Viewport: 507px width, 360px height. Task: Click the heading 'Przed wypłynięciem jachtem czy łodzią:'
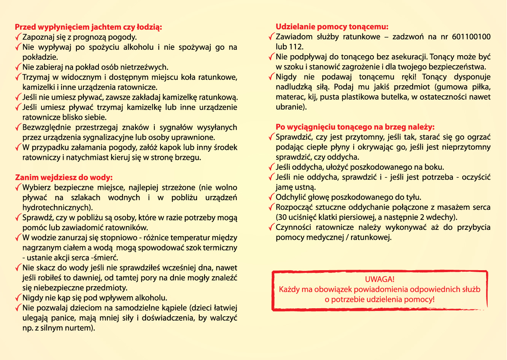point(88,27)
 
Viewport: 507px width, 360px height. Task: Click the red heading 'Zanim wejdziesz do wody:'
point(64,177)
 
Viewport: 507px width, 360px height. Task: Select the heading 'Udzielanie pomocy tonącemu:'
point(332,27)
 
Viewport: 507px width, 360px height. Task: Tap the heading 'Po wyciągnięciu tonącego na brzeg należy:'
point(355,127)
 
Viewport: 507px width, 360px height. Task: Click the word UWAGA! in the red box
point(379,279)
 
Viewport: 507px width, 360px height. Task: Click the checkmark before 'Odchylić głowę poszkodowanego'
point(271,197)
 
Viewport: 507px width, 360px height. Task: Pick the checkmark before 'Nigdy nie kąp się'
point(18,297)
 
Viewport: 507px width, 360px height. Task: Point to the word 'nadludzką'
point(292,87)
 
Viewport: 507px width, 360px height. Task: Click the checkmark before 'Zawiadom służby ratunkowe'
point(271,37)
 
